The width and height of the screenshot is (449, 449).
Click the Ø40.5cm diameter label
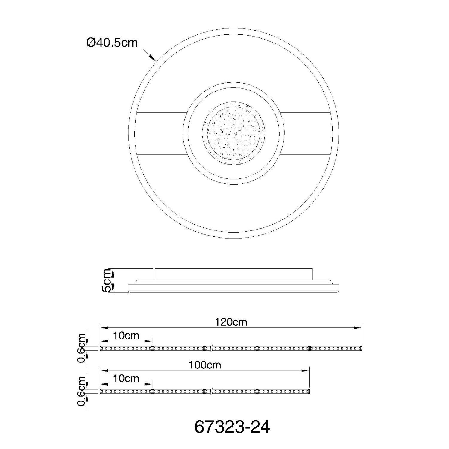click(x=112, y=43)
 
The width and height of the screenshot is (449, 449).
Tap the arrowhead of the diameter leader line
click(x=153, y=58)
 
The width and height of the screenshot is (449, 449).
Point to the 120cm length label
click(x=231, y=322)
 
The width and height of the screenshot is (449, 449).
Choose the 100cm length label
click(x=205, y=365)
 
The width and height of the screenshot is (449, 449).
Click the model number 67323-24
click(x=232, y=427)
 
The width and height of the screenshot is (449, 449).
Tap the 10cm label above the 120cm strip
click(x=126, y=336)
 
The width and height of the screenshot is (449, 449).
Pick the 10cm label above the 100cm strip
click(x=126, y=378)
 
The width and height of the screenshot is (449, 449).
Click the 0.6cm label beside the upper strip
click(x=82, y=348)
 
